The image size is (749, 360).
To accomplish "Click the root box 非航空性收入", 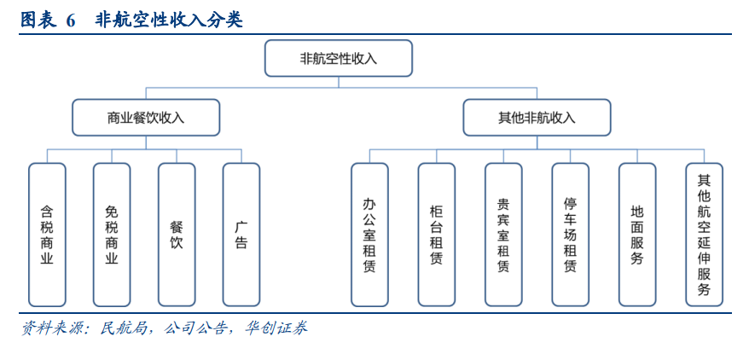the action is [339, 58].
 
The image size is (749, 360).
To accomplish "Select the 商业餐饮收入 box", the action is [146, 118].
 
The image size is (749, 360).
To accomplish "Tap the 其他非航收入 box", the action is [537, 118].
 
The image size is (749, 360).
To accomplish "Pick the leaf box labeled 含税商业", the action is [47, 235].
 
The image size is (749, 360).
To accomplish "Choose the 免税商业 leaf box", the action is [112, 235].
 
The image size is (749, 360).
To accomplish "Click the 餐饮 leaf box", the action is [177, 235].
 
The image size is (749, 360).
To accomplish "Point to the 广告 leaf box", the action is [241, 235].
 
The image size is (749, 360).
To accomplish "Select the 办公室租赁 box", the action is [369, 235].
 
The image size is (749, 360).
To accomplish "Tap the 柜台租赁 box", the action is [437, 235].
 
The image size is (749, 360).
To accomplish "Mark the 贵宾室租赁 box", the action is [503, 235].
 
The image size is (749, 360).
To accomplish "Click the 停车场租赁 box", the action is [571, 235].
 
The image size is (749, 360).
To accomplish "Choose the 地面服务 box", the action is [637, 235].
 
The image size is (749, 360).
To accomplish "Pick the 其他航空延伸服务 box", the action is [704, 235].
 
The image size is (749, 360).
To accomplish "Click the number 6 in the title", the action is [71, 20].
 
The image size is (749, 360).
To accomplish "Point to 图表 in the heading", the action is [38, 20].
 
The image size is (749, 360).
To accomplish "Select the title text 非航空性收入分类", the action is [169, 20].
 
